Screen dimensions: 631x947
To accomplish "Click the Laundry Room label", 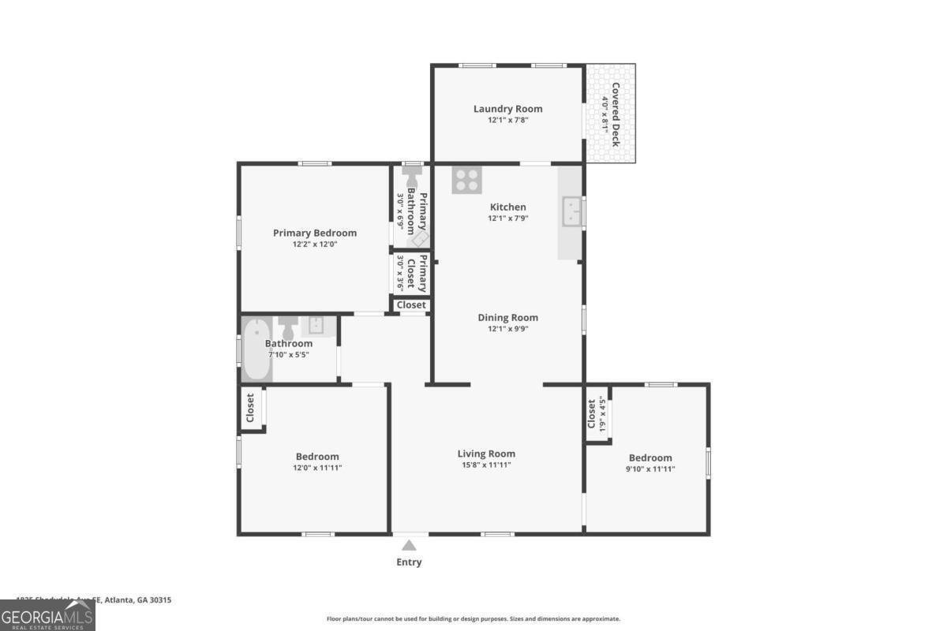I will pos(507,109).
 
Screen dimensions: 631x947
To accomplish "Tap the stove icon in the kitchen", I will pos(466,180).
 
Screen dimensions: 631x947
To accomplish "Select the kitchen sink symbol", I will pos(572,211).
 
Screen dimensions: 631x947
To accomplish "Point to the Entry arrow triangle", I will pos(409,545).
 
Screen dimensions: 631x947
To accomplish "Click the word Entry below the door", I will pos(409,562).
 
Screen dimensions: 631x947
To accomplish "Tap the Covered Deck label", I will pos(615,114).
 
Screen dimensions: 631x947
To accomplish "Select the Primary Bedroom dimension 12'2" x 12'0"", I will pos(314,245).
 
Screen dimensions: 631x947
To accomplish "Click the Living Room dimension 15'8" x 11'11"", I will pos(486,465).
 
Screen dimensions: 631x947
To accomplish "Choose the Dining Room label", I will pos(507,317).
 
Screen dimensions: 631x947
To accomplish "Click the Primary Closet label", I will pos(423,274).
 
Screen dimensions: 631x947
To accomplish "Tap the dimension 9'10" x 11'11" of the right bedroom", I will pos(650,469).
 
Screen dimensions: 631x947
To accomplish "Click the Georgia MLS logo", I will pos(47,615).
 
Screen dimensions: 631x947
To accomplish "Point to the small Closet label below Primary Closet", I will pos(411,304).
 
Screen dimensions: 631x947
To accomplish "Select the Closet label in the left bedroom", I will pos(250,408).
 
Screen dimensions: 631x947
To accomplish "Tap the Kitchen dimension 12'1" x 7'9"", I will pos(507,218).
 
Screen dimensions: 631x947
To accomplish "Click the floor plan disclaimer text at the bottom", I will pos(473,619).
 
